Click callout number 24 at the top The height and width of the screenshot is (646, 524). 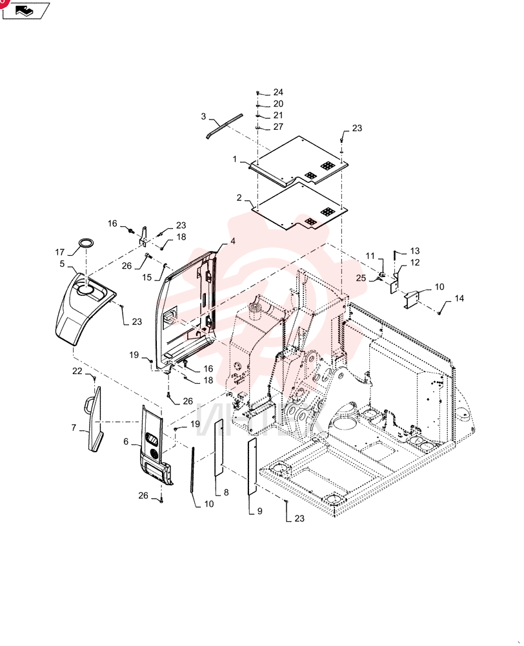click(278, 92)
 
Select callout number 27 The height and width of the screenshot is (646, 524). click(278, 127)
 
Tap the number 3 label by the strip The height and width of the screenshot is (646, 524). click(203, 116)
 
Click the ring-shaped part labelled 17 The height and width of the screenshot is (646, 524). click(86, 243)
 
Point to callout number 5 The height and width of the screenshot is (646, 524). click(62, 264)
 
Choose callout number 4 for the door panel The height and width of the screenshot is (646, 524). click(233, 241)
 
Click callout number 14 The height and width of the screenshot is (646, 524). click(459, 298)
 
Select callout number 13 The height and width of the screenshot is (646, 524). click(415, 251)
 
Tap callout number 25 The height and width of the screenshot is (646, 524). click(361, 278)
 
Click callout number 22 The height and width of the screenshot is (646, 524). click(77, 371)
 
